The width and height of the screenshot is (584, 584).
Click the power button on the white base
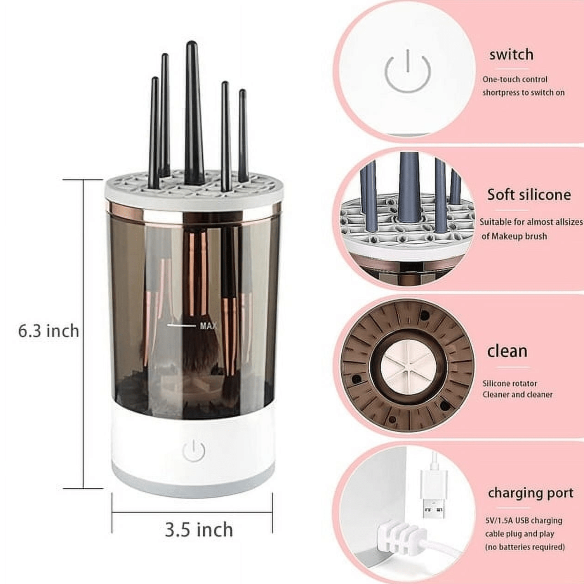(x=194, y=451)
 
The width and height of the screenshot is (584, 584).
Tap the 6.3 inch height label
(x=49, y=331)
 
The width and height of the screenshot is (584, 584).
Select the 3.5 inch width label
(x=199, y=530)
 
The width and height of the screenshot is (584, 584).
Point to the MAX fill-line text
(x=208, y=326)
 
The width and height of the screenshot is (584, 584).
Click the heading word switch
(x=511, y=55)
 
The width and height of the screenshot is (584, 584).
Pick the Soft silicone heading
(x=529, y=195)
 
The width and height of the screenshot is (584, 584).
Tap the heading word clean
(x=507, y=351)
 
